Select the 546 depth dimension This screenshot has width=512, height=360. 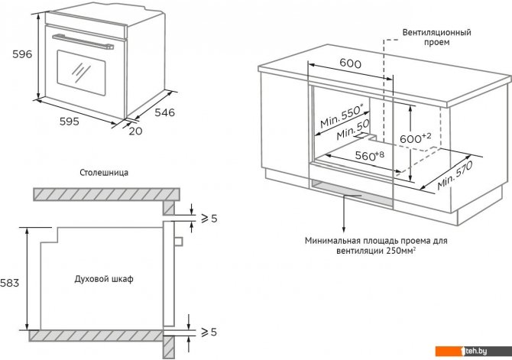[x=162, y=112]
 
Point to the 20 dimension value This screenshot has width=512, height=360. [x=135, y=131]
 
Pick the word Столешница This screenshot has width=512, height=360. [x=103, y=173]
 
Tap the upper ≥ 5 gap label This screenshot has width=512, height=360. [x=209, y=219]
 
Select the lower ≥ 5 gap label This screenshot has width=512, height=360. [x=209, y=332]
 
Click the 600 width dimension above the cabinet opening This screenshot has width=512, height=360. [x=349, y=64]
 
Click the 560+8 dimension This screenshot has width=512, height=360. [x=367, y=155]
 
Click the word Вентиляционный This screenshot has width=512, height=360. [x=436, y=33]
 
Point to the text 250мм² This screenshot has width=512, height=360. [x=400, y=251]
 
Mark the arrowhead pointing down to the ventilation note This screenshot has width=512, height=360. [x=344, y=227]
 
